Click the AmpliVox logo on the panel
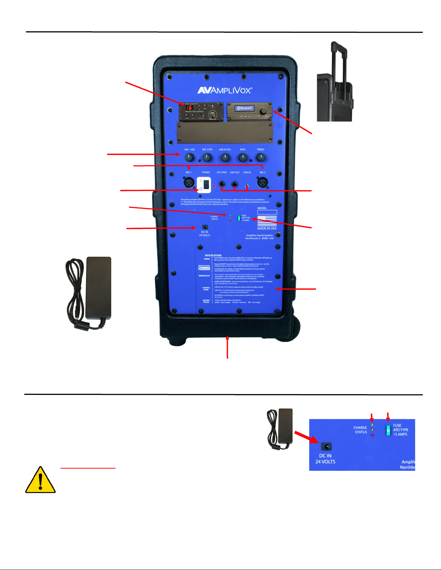[x=225, y=90]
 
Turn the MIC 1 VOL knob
[x=189, y=157]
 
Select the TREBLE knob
[x=260, y=157]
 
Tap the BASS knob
[x=243, y=157]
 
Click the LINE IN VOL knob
[x=225, y=157]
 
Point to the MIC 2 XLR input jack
[x=262, y=182]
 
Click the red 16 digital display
[x=189, y=108]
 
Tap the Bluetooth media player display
[x=245, y=108]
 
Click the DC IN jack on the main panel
[x=205, y=227]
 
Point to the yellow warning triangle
[x=40, y=480]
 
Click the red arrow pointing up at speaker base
[x=228, y=347]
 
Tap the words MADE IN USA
[x=267, y=228]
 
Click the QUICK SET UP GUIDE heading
[x=213, y=255]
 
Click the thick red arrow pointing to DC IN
[x=306, y=438]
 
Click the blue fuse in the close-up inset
[x=388, y=430]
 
